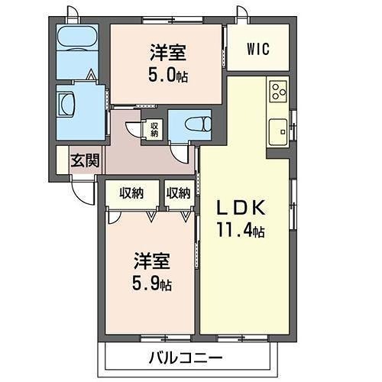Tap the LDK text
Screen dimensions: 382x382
pyautogui.click(x=242, y=207)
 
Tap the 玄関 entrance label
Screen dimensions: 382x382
pyautogui.click(x=84, y=161)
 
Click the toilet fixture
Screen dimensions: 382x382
pyautogui.click(x=184, y=123)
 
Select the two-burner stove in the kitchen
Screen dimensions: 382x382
pyautogui.click(x=277, y=92)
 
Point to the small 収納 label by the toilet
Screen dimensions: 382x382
pyautogui.click(x=154, y=129)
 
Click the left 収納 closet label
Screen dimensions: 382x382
pyautogui.click(x=130, y=193)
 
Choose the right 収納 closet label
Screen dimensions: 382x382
pyautogui.click(x=178, y=193)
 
